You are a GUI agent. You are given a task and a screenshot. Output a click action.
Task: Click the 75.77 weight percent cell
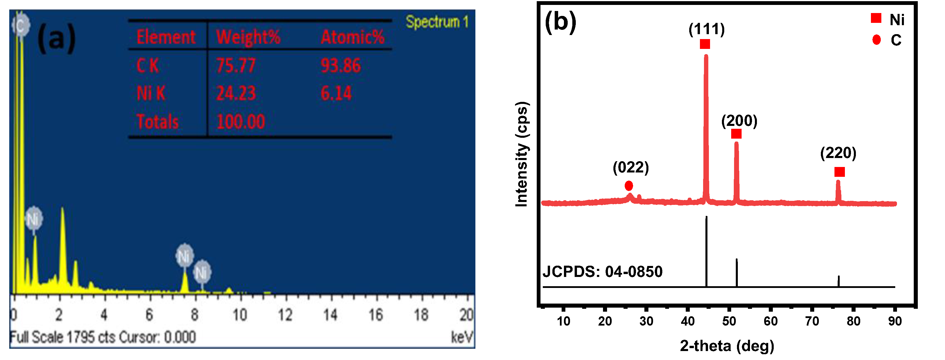click(x=236, y=66)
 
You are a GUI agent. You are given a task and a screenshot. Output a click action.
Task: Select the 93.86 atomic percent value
click(x=341, y=66)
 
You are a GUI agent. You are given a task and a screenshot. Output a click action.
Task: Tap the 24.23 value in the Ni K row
click(x=236, y=93)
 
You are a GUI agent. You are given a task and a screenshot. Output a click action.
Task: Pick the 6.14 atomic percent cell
click(x=336, y=93)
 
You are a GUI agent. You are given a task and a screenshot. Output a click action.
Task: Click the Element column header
click(x=166, y=37)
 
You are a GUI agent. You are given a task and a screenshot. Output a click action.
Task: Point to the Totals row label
click(x=157, y=122)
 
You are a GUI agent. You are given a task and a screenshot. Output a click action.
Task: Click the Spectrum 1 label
click(x=437, y=22)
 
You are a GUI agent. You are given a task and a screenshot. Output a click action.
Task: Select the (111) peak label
click(x=707, y=29)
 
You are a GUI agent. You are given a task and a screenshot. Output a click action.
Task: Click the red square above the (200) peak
click(x=736, y=134)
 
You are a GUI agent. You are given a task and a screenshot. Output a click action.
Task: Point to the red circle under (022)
click(x=629, y=186)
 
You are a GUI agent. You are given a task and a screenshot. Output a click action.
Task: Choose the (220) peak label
click(x=838, y=153)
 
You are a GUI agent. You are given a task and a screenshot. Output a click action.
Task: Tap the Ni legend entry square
click(x=876, y=18)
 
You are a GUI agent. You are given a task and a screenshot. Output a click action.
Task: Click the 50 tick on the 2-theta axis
click(x=729, y=322)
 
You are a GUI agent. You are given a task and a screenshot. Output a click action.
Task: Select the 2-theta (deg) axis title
click(x=727, y=346)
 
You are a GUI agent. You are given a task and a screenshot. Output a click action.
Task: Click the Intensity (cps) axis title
click(x=521, y=154)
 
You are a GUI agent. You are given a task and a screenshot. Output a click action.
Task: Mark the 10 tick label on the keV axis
click(x=240, y=315)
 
